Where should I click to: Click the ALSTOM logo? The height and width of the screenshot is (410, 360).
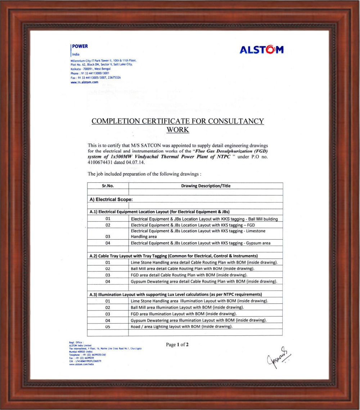tap(261, 49)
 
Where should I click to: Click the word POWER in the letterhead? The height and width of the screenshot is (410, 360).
tap(80, 46)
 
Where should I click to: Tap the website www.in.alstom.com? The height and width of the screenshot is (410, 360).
tap(84, 82)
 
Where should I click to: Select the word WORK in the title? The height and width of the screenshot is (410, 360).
tap(178, 130)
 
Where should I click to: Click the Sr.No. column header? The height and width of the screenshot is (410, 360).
tap(108, 186)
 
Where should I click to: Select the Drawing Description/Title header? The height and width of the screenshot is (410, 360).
tap(206, 186)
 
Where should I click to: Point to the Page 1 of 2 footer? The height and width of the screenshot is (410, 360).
tap(177, 344)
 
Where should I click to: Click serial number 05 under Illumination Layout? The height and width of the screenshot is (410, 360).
tap(108, 327)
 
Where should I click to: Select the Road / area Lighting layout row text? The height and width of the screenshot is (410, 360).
tap(181, 326)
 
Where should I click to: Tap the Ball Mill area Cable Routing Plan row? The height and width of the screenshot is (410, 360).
tap(193, 268)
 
